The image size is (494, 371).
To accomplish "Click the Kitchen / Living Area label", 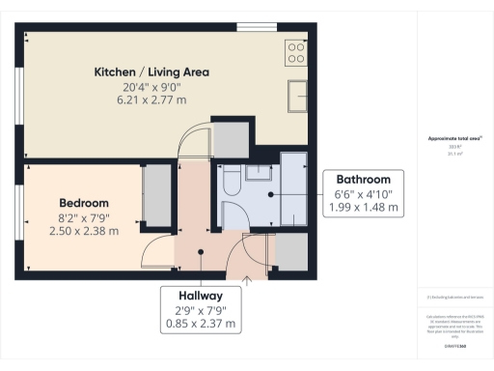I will pos(151,72).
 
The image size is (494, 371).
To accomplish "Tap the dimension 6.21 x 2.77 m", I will pos(151,100).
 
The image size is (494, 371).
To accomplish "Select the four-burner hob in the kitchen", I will pos(296,52).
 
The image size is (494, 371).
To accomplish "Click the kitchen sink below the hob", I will pos(296,96).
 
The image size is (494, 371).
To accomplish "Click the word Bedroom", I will pos(84,203).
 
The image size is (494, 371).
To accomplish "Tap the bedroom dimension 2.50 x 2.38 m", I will pos(84,230).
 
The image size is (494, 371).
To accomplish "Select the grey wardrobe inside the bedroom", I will pos(155,196).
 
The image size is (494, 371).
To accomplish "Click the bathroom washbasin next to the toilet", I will pos(258,173).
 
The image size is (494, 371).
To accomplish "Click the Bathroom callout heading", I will pos(363,180).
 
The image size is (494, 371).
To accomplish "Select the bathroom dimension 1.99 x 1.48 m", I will pos(363,207).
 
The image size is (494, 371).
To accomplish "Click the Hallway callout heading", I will pos(201,296).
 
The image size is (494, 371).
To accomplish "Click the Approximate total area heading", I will pos(453,139).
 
